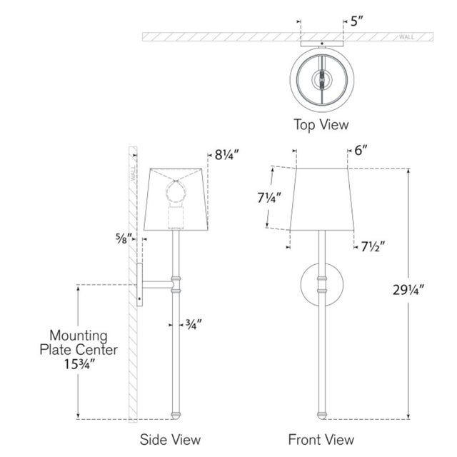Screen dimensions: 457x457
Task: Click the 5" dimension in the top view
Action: coord(357,21)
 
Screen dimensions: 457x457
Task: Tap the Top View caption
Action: coord(321,125)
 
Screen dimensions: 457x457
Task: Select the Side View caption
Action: coord(170,439)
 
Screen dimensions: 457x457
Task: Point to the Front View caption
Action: coord(321,439)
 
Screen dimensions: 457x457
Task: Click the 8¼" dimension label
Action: coord(227,155)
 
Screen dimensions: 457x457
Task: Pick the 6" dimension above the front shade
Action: coord(361,151)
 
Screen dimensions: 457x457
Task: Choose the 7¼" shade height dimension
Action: coord(269,198)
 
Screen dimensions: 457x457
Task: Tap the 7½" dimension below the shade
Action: coord(373,247)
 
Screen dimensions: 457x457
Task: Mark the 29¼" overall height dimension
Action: coord(408,290)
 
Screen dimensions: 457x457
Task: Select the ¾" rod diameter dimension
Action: coord(194,324)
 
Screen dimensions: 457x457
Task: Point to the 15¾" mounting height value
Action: coord(79,364)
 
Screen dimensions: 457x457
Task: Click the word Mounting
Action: coord(79,336)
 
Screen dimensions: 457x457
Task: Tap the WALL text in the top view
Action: coord(406,37)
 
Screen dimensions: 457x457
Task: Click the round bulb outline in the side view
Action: coord(176,191)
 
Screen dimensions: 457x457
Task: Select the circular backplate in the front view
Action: coord(322,284)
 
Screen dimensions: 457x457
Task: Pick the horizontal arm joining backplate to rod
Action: coord(157,284)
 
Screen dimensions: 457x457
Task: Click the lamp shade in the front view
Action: coord(322,199)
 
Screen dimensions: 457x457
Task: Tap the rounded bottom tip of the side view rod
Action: coord(176,416)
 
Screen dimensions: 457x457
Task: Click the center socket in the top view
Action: coord(322,79)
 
